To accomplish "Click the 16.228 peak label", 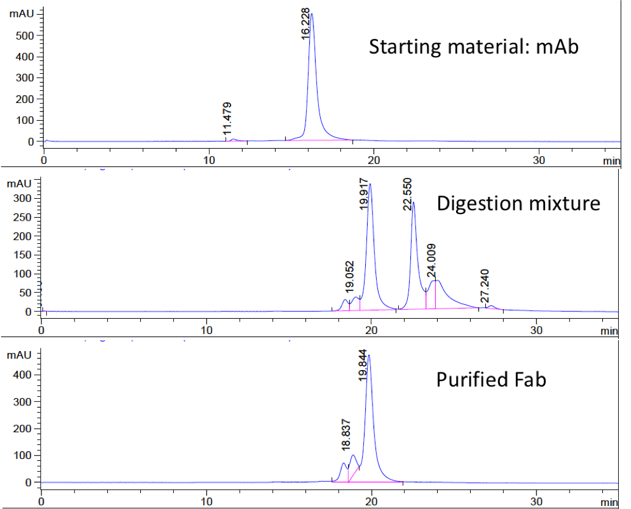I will (306, 24).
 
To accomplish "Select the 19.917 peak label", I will (365, 194).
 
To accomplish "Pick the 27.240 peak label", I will (484, 287).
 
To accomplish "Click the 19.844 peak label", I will (363, 365).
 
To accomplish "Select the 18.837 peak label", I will (346, 434).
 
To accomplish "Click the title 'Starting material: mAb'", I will (473, 47).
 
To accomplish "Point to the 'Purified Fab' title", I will (491, 380).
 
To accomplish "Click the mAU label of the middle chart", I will (18, 183).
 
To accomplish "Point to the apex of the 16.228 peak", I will (312, 13).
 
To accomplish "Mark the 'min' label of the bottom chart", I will (609, 502).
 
